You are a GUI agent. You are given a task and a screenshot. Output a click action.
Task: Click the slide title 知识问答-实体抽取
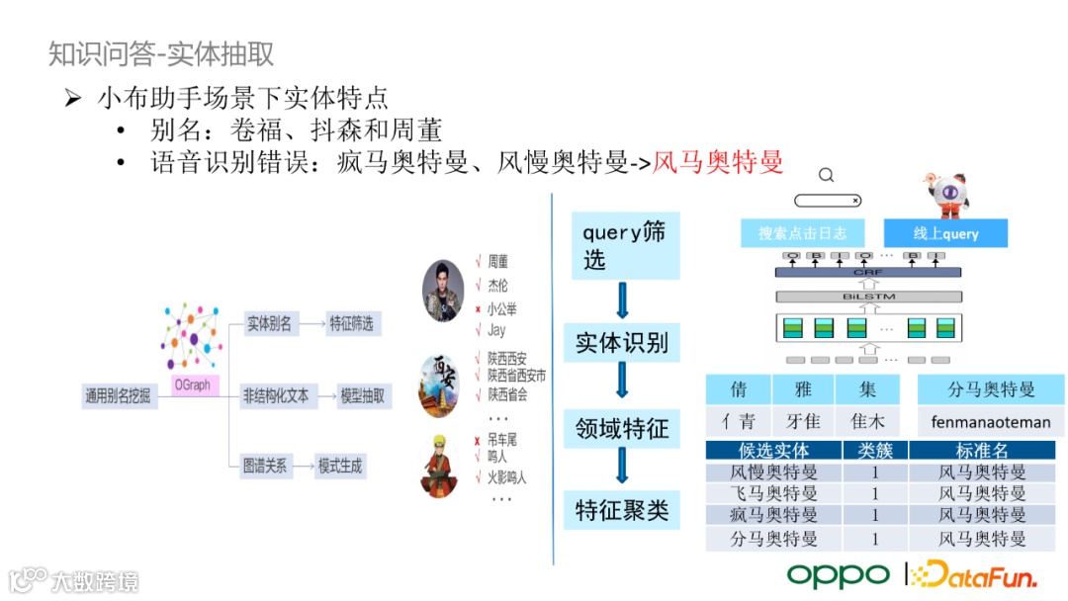tap(161, 53)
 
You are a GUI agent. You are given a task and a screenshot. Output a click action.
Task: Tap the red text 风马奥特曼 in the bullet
tap(719, 161)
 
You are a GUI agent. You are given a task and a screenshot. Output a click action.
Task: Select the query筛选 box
tap(623, 245)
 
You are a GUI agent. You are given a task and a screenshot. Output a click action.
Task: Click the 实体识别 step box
tap(622, 343)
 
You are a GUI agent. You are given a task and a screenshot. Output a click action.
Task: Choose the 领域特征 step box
tap(622, 428)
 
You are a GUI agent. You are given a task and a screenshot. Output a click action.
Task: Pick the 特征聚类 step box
tap(622, 510)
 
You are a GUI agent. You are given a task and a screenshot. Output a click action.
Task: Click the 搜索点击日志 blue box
tap(802, 233)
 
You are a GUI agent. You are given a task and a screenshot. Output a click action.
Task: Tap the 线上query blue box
tap(945, 233)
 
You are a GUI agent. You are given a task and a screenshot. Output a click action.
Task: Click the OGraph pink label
tap(192, 386)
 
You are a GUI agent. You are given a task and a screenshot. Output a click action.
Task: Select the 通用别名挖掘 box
tap(117, 397)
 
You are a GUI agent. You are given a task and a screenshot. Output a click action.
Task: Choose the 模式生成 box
tap(339, 466)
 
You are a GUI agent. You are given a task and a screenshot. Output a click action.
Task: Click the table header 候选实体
tap(773, 451)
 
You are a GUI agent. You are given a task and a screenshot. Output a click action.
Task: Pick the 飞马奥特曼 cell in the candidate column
tap(773, 493)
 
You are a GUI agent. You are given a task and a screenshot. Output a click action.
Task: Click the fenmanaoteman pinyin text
tap(991, 422)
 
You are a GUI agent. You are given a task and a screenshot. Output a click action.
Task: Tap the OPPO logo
tap(838, 574)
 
